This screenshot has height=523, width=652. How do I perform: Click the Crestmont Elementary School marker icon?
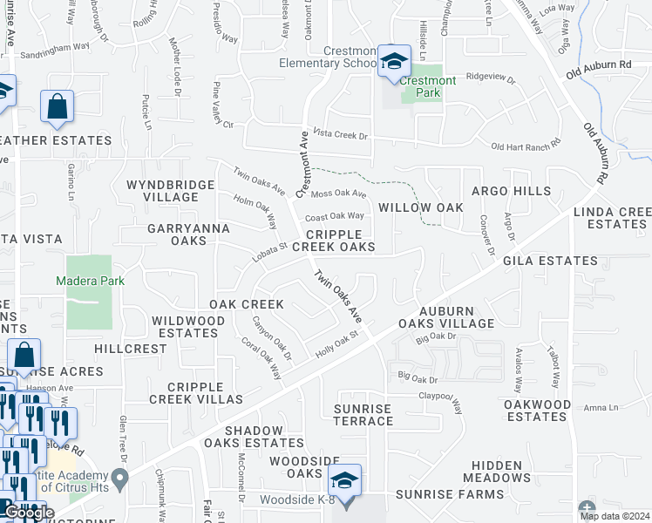(x=395, y=62)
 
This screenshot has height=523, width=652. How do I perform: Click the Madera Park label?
(x=91, y=281)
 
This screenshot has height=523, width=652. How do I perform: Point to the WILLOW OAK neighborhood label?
(x=420, y=207)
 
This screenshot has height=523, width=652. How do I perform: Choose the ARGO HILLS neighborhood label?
(x=511, y=191)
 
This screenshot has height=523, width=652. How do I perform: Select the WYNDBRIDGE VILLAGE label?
(x=170, y=191)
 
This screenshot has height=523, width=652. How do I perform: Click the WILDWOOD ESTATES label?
(x=190, y=327)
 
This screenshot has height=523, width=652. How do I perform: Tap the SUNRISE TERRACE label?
(x=363, y=415)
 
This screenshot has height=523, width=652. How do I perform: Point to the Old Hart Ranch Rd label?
(x=523, y=146)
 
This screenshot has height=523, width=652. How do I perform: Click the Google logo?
(x=29, y=513)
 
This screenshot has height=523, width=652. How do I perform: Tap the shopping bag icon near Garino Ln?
(x=57, y=107)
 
